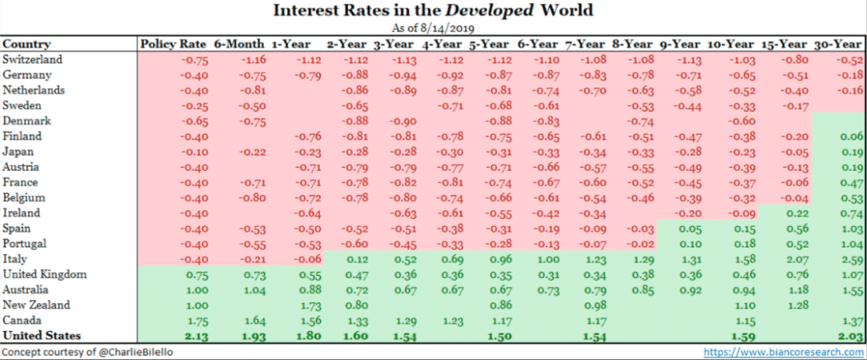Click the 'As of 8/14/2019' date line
pyautogui.click(x=433, y=28)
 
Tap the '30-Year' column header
pyautogui.click(x=836, y=44)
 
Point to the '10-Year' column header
pyautogui.click(x=732, y=44)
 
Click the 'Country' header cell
pyautogui.click(x=27, y=44)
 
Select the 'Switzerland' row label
pyautogui.click(x=32, y=60)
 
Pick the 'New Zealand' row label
pyautogui.click(x=36, y=305)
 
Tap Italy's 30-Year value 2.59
pyautogui.click(x=852, y=259)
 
